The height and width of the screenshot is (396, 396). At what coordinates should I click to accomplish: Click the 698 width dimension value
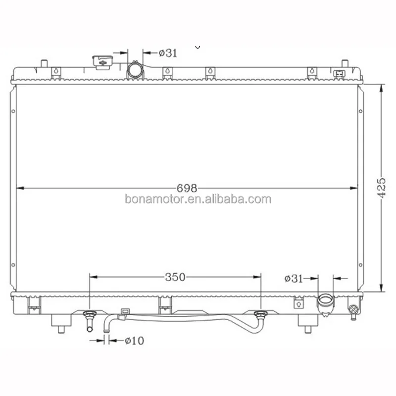tap(188, 188)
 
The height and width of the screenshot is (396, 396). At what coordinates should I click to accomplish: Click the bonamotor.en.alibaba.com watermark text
tap(198, 199)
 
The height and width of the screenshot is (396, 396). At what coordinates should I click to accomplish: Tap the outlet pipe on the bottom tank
tap(327, 302)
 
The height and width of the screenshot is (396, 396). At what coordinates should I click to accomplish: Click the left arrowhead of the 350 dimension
tap(93, 277)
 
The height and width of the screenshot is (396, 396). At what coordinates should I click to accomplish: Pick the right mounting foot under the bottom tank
tap(307, 323)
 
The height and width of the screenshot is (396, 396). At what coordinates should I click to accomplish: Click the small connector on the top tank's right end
tap(340, 74)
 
